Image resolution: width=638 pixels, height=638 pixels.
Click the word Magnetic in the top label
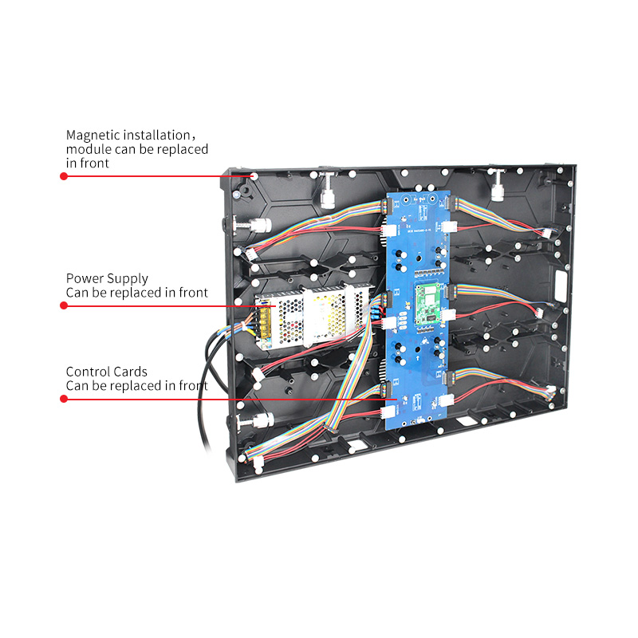tap(93, 136)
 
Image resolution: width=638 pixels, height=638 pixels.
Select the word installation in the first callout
tap(156, 135)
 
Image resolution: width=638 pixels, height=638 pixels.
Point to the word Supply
tap(128, 279)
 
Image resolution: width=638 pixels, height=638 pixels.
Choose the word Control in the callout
tap(88, 372)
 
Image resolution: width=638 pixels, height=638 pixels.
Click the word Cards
tap(130, 372)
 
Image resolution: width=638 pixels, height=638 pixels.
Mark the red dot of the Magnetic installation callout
tap(64, 176)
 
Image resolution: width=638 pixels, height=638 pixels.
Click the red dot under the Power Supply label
tap(64, 305)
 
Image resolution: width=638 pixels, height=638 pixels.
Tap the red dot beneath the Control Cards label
tap(64, 399)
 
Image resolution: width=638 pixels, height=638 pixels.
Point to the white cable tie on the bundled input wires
tap(245, 327)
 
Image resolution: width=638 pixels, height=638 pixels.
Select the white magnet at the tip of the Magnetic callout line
tap(254, 176)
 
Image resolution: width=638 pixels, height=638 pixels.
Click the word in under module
tap(71, 163)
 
